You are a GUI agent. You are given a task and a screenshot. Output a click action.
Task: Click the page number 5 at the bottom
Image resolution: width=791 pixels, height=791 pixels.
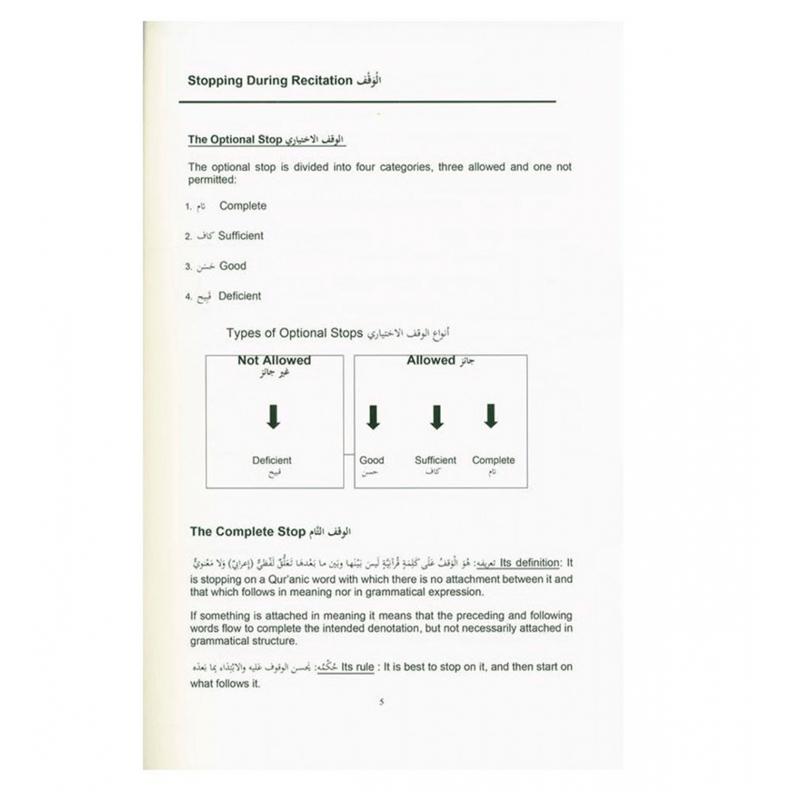(x=382, y=702)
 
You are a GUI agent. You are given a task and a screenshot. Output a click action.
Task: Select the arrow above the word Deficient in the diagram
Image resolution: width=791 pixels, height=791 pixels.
(x=274, y=416)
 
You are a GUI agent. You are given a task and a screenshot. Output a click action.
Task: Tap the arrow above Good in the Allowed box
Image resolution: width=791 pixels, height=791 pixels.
(x=373, y=417)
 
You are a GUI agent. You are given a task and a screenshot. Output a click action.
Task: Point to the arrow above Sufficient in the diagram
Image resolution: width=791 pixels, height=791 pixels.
(x=436, y=417)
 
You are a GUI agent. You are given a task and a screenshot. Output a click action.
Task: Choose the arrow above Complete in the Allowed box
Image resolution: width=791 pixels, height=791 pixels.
(x=490, y=416)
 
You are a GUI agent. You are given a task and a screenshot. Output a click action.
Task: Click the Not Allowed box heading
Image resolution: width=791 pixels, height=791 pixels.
(x=274, y=361)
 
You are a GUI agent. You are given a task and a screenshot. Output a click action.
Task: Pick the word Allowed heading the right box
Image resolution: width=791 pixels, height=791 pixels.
(x=430, y=361)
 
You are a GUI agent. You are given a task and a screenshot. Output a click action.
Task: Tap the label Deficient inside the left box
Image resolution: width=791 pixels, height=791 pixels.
(x=272, y=460)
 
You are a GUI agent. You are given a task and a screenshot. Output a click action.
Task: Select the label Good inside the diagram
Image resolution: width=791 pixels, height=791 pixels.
(x=372, y=460)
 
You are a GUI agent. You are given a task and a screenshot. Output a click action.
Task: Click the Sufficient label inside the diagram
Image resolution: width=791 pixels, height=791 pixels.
(x=435, y=460)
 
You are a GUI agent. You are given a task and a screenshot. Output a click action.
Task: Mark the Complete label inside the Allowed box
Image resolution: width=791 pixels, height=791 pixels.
(x=493, y=460)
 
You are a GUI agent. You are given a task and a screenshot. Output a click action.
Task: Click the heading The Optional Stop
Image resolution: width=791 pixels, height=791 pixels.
(x=235, y=140)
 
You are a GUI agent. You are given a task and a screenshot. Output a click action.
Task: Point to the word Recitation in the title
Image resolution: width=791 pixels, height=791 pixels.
(x=320, y=80)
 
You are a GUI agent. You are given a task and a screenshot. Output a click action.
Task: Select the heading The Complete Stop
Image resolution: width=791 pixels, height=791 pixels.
(x=248, y=531)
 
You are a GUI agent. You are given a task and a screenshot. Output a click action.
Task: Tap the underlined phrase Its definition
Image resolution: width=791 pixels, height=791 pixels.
(x=529, y=563)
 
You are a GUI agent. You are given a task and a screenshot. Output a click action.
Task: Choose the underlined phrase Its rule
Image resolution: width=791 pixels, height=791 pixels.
(x=357, y=667)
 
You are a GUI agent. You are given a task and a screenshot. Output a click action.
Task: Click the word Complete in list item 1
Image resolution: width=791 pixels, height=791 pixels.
(x=243, y=206)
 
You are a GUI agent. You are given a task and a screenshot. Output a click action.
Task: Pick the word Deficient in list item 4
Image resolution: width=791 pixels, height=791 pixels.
(x=240, y=296)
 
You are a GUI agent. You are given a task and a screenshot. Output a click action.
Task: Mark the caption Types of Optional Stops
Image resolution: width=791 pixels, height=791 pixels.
(x=294, y=333)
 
